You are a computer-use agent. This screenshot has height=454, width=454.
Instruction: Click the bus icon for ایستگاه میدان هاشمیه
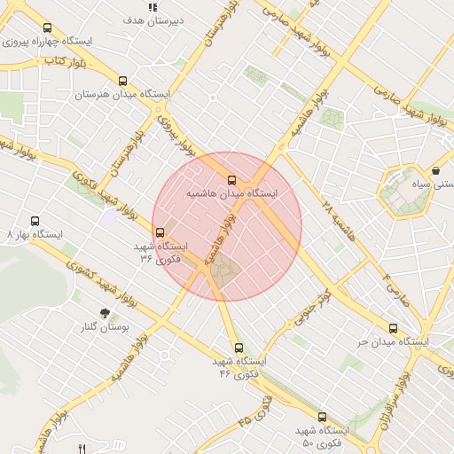232,180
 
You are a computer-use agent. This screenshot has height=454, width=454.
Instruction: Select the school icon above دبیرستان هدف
153,7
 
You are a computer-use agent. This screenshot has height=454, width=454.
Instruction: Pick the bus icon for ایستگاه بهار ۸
35,221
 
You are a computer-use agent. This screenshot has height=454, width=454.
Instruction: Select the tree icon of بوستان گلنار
106,313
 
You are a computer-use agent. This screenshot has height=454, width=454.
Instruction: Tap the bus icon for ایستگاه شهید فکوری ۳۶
160,233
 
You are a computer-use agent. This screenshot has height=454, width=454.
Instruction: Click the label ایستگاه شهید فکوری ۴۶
239,367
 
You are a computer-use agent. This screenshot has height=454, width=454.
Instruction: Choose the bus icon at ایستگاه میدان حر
393,328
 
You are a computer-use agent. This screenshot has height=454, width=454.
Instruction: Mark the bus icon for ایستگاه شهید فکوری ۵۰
322,417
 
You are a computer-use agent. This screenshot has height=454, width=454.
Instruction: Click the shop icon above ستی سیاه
436,171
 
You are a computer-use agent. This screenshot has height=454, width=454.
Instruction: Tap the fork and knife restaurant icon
82,448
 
